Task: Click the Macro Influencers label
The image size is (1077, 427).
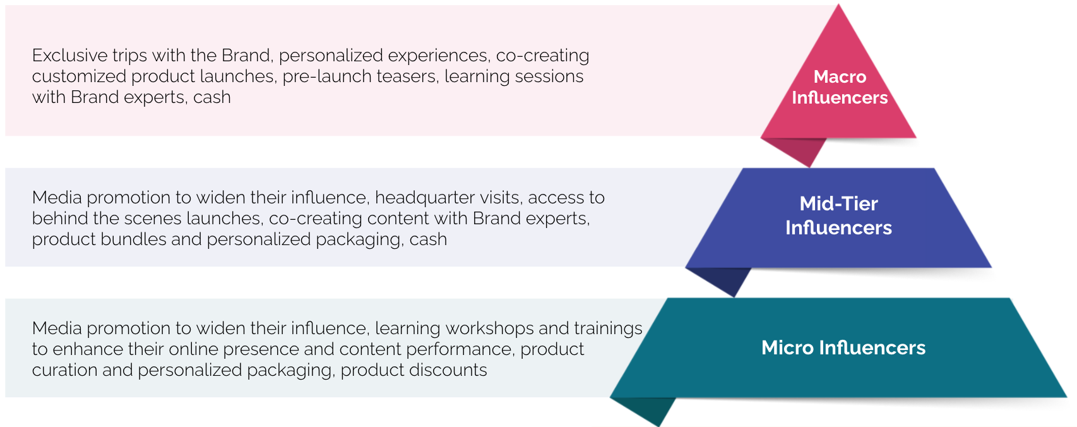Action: (840, 87)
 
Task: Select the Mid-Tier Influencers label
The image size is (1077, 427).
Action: (838, 215)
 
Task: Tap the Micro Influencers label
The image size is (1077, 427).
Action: (843, 347)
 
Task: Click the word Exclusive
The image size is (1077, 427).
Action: (69, 56)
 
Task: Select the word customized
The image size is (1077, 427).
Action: (80, 76)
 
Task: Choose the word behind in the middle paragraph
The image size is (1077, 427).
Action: (60, 219)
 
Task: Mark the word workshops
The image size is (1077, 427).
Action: (489, 329)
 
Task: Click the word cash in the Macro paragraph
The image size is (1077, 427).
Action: (212, 98)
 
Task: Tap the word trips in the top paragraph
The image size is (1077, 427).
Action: (129, 56)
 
